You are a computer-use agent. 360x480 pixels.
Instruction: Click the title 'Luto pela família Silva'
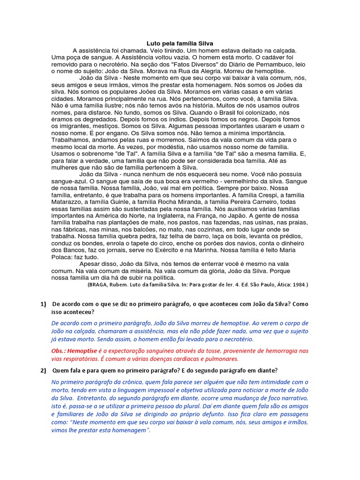pyautogui.click(x=180, y=43)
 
